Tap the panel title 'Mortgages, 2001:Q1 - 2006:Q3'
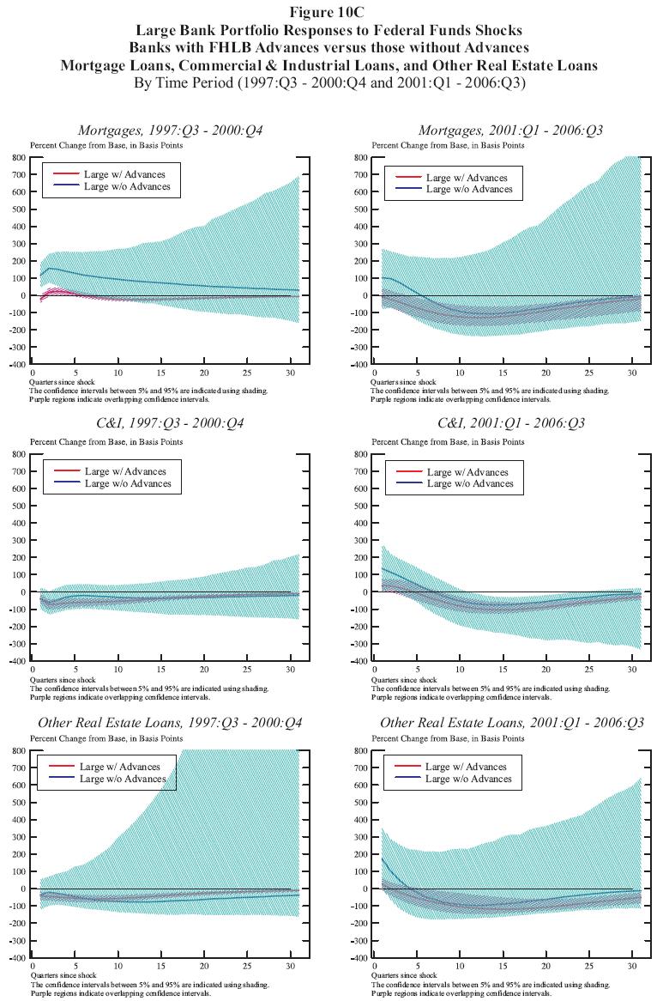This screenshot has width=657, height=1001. coord(510,130)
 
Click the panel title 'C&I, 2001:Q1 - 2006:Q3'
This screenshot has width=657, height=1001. coord(509,424)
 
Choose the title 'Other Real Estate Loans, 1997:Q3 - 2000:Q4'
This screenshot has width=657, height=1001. coord(167,723)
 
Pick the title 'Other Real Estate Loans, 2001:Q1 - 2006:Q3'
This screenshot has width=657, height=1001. coord(511,723)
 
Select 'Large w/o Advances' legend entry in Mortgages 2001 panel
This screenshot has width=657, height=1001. coord(469,189)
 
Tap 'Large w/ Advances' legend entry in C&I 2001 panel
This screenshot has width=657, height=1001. coord(469,472)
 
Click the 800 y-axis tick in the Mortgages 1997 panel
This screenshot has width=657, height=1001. coord(17,158)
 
